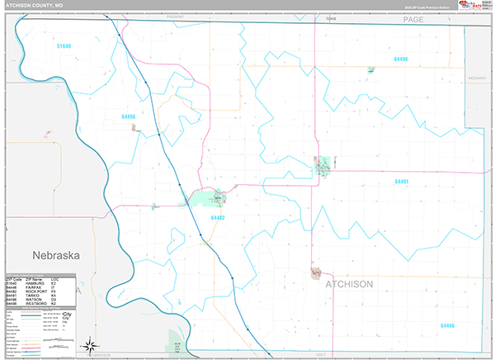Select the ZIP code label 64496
point(128,116)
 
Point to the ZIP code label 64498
point(401,59)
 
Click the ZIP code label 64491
point(402,181)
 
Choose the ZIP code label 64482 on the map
point(218,217)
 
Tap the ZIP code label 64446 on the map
point(447,325)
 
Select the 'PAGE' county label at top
point(412,19)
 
